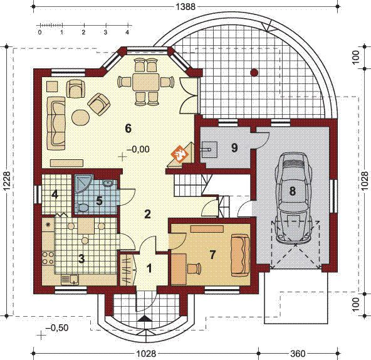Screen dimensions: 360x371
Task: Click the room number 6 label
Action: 128,129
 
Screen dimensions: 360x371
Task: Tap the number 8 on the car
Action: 293,191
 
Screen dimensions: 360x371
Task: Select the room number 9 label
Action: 234,148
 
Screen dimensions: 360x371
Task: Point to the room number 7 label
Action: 212,255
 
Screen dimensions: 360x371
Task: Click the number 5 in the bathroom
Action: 99,201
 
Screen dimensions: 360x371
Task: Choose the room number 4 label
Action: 55,194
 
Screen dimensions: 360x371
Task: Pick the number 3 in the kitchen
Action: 81,257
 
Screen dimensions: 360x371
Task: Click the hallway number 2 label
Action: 147,214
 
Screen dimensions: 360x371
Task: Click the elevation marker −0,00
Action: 137,149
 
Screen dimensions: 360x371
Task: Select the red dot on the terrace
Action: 254,72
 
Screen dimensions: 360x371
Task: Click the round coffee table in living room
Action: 81,117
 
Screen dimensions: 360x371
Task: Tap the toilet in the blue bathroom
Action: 82,208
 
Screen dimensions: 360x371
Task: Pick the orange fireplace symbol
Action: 180,152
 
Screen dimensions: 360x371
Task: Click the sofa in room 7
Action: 240,255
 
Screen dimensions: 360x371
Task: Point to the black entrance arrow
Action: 144,319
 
